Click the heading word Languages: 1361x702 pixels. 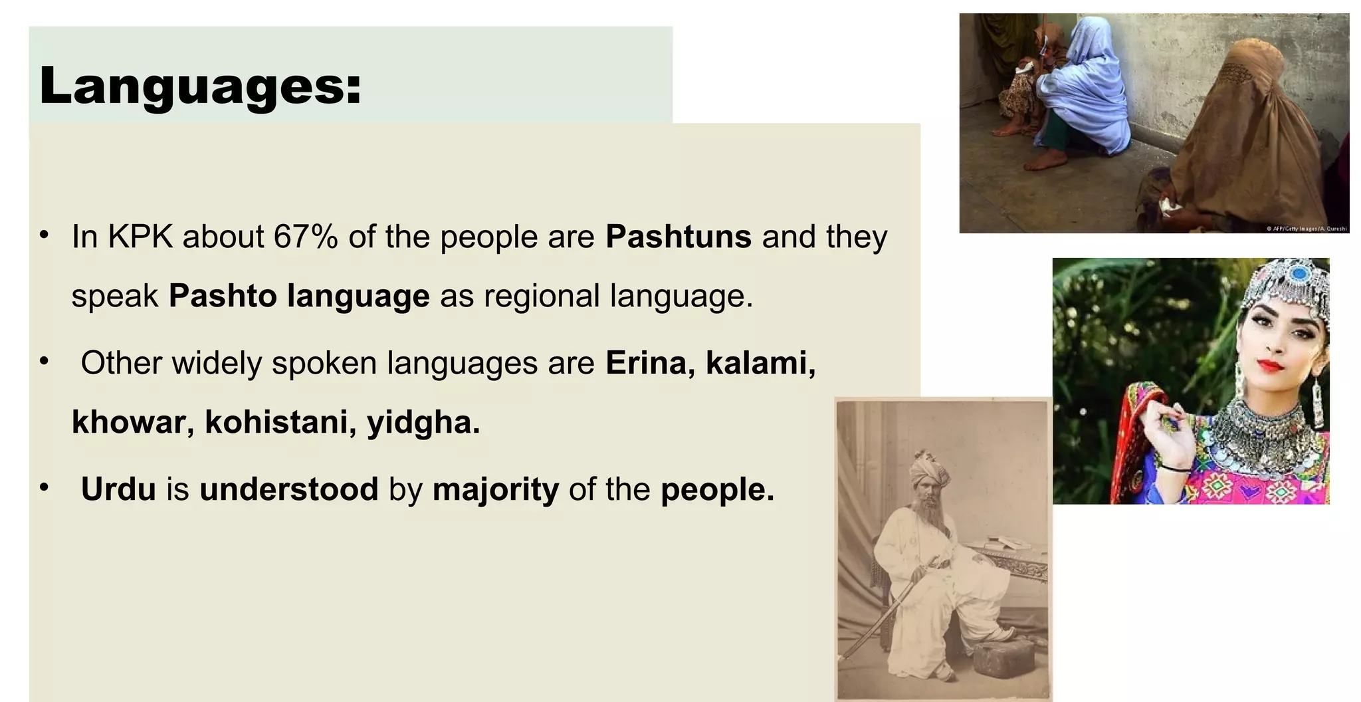[200, 86]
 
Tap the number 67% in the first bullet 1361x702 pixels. [305, 237]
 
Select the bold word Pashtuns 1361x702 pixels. [678, 237]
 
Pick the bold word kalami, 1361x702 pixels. [760, 363]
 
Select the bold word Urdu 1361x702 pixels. [118, 489]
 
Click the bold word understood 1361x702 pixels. [288, 489]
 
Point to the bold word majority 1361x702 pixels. [496, 489]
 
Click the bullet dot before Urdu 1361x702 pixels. [44, 488]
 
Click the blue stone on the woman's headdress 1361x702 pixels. [1297, 273]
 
